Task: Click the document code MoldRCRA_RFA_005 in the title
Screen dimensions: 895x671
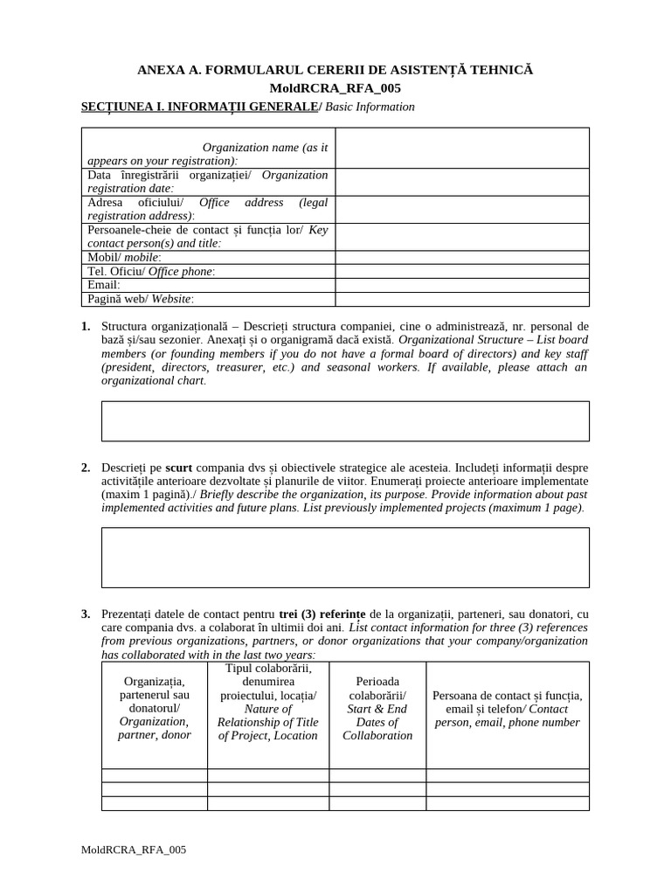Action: coord(335,88)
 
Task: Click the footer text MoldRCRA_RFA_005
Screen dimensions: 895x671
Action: coord(133,850)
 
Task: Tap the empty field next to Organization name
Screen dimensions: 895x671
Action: coord(462,148)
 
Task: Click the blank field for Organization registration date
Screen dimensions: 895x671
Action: coord(462,182)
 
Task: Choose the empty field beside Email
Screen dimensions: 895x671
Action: coord(462,285)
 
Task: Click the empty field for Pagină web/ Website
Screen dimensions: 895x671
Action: coord(462,299)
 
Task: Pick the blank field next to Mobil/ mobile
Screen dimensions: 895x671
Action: coord(462,258)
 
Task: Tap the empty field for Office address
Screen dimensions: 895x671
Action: coord(462,209)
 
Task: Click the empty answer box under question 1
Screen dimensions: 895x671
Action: coord(345,421)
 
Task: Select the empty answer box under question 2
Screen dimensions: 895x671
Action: coord(345,557)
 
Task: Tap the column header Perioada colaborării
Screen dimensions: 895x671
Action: coord(377,709)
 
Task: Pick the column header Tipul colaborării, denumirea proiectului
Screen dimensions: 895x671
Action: coord(268,702)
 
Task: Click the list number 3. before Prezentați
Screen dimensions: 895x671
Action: coord(86,614)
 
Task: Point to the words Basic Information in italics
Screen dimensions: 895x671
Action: coord(370,107)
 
